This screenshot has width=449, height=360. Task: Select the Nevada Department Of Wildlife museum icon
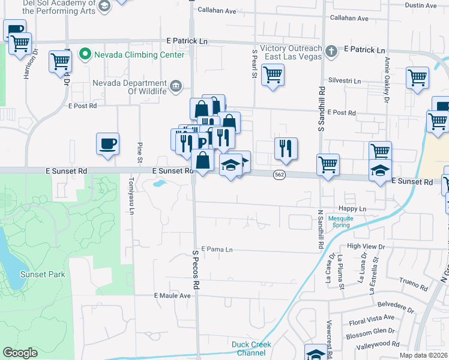coord(176,86)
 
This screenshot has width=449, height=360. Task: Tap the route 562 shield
coord(279,174)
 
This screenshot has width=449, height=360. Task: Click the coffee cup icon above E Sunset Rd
coord(107,144)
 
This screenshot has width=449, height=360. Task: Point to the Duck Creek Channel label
coord(252,349)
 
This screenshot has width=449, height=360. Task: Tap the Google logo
coord(20,353)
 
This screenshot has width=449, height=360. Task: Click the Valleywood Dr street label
coord(378,344)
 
